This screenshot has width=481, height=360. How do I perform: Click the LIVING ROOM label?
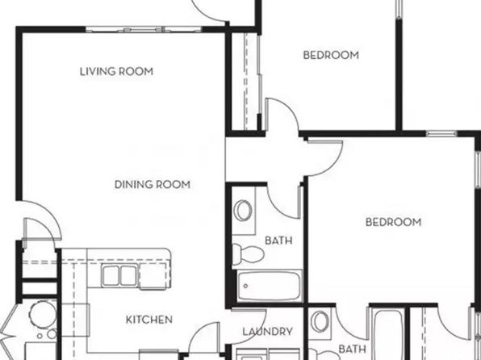click(116, 72)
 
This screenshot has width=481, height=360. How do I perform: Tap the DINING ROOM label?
click(153, 185)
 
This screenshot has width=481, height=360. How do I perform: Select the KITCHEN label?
click(149, 320)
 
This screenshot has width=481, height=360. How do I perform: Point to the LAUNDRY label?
click(267, 332)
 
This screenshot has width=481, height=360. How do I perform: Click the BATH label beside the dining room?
click(278, 241)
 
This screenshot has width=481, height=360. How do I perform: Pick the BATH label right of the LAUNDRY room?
click(352, 349)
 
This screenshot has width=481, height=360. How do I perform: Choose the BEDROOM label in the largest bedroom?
click(393, 222)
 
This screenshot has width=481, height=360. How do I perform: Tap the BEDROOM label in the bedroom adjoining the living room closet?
click(331, 55)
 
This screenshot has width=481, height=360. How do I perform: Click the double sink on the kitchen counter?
click(119, 275)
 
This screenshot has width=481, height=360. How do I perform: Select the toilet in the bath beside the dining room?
click(248, 254)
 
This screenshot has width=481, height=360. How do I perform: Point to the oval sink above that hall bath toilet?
click(243, 210)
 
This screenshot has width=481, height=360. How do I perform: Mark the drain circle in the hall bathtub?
click(245, 286)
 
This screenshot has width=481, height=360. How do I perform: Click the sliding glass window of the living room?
click(144, 30)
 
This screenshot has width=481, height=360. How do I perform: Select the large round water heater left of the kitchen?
click(43, 314)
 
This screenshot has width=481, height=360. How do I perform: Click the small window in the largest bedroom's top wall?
click(441, 133)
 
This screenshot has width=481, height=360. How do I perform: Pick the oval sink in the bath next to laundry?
click(320, 321)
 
